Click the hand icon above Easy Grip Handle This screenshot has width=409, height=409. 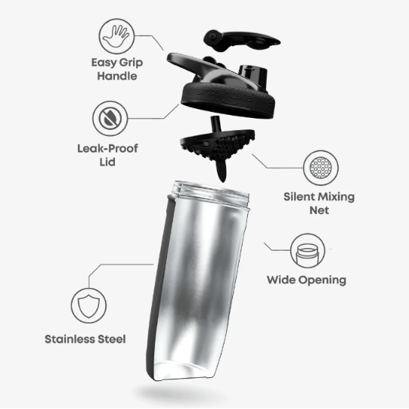116,36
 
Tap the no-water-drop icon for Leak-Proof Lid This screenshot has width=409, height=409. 110,119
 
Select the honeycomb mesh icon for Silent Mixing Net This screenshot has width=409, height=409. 321,168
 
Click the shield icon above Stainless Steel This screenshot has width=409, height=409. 88,306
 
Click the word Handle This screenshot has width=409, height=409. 117,76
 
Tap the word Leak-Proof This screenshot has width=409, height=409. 107,149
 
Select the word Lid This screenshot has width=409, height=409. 107,162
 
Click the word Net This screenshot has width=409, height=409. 319,210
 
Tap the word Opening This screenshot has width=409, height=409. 322,280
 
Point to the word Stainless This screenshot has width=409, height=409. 70,339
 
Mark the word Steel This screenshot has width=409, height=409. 112,339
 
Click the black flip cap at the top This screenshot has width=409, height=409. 240,40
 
